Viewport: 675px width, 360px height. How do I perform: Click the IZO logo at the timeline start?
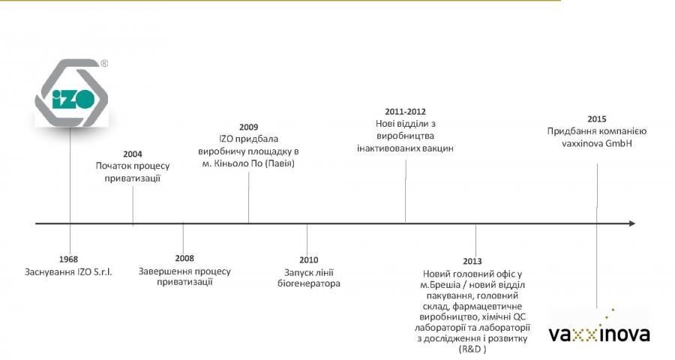point(71,93)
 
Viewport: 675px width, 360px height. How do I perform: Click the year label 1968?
point(68,259)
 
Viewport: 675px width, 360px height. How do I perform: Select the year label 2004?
point(133,154)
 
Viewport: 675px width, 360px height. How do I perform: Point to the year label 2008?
point(184,258)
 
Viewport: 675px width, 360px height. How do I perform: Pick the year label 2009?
point(249,127)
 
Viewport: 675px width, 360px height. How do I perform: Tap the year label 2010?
point(309,259)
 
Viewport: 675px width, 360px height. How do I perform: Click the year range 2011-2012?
point(406,112)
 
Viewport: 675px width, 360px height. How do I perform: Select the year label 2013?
point(472,261)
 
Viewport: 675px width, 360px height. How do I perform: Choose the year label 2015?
point(597,119)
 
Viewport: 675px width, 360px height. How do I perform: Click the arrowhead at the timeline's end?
point(632,223)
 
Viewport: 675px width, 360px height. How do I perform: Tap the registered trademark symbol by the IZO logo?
point(104,63)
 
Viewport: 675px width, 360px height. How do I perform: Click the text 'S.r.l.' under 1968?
point(103,272)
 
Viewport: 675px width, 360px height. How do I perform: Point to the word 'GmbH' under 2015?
point(619,143)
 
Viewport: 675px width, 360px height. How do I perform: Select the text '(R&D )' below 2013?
point(472,349)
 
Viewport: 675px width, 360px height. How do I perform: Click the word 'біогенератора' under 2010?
point(309,283)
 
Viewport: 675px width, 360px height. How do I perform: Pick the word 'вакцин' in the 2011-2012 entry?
point(438,148)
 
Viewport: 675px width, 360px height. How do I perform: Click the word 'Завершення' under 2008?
point(162,271)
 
